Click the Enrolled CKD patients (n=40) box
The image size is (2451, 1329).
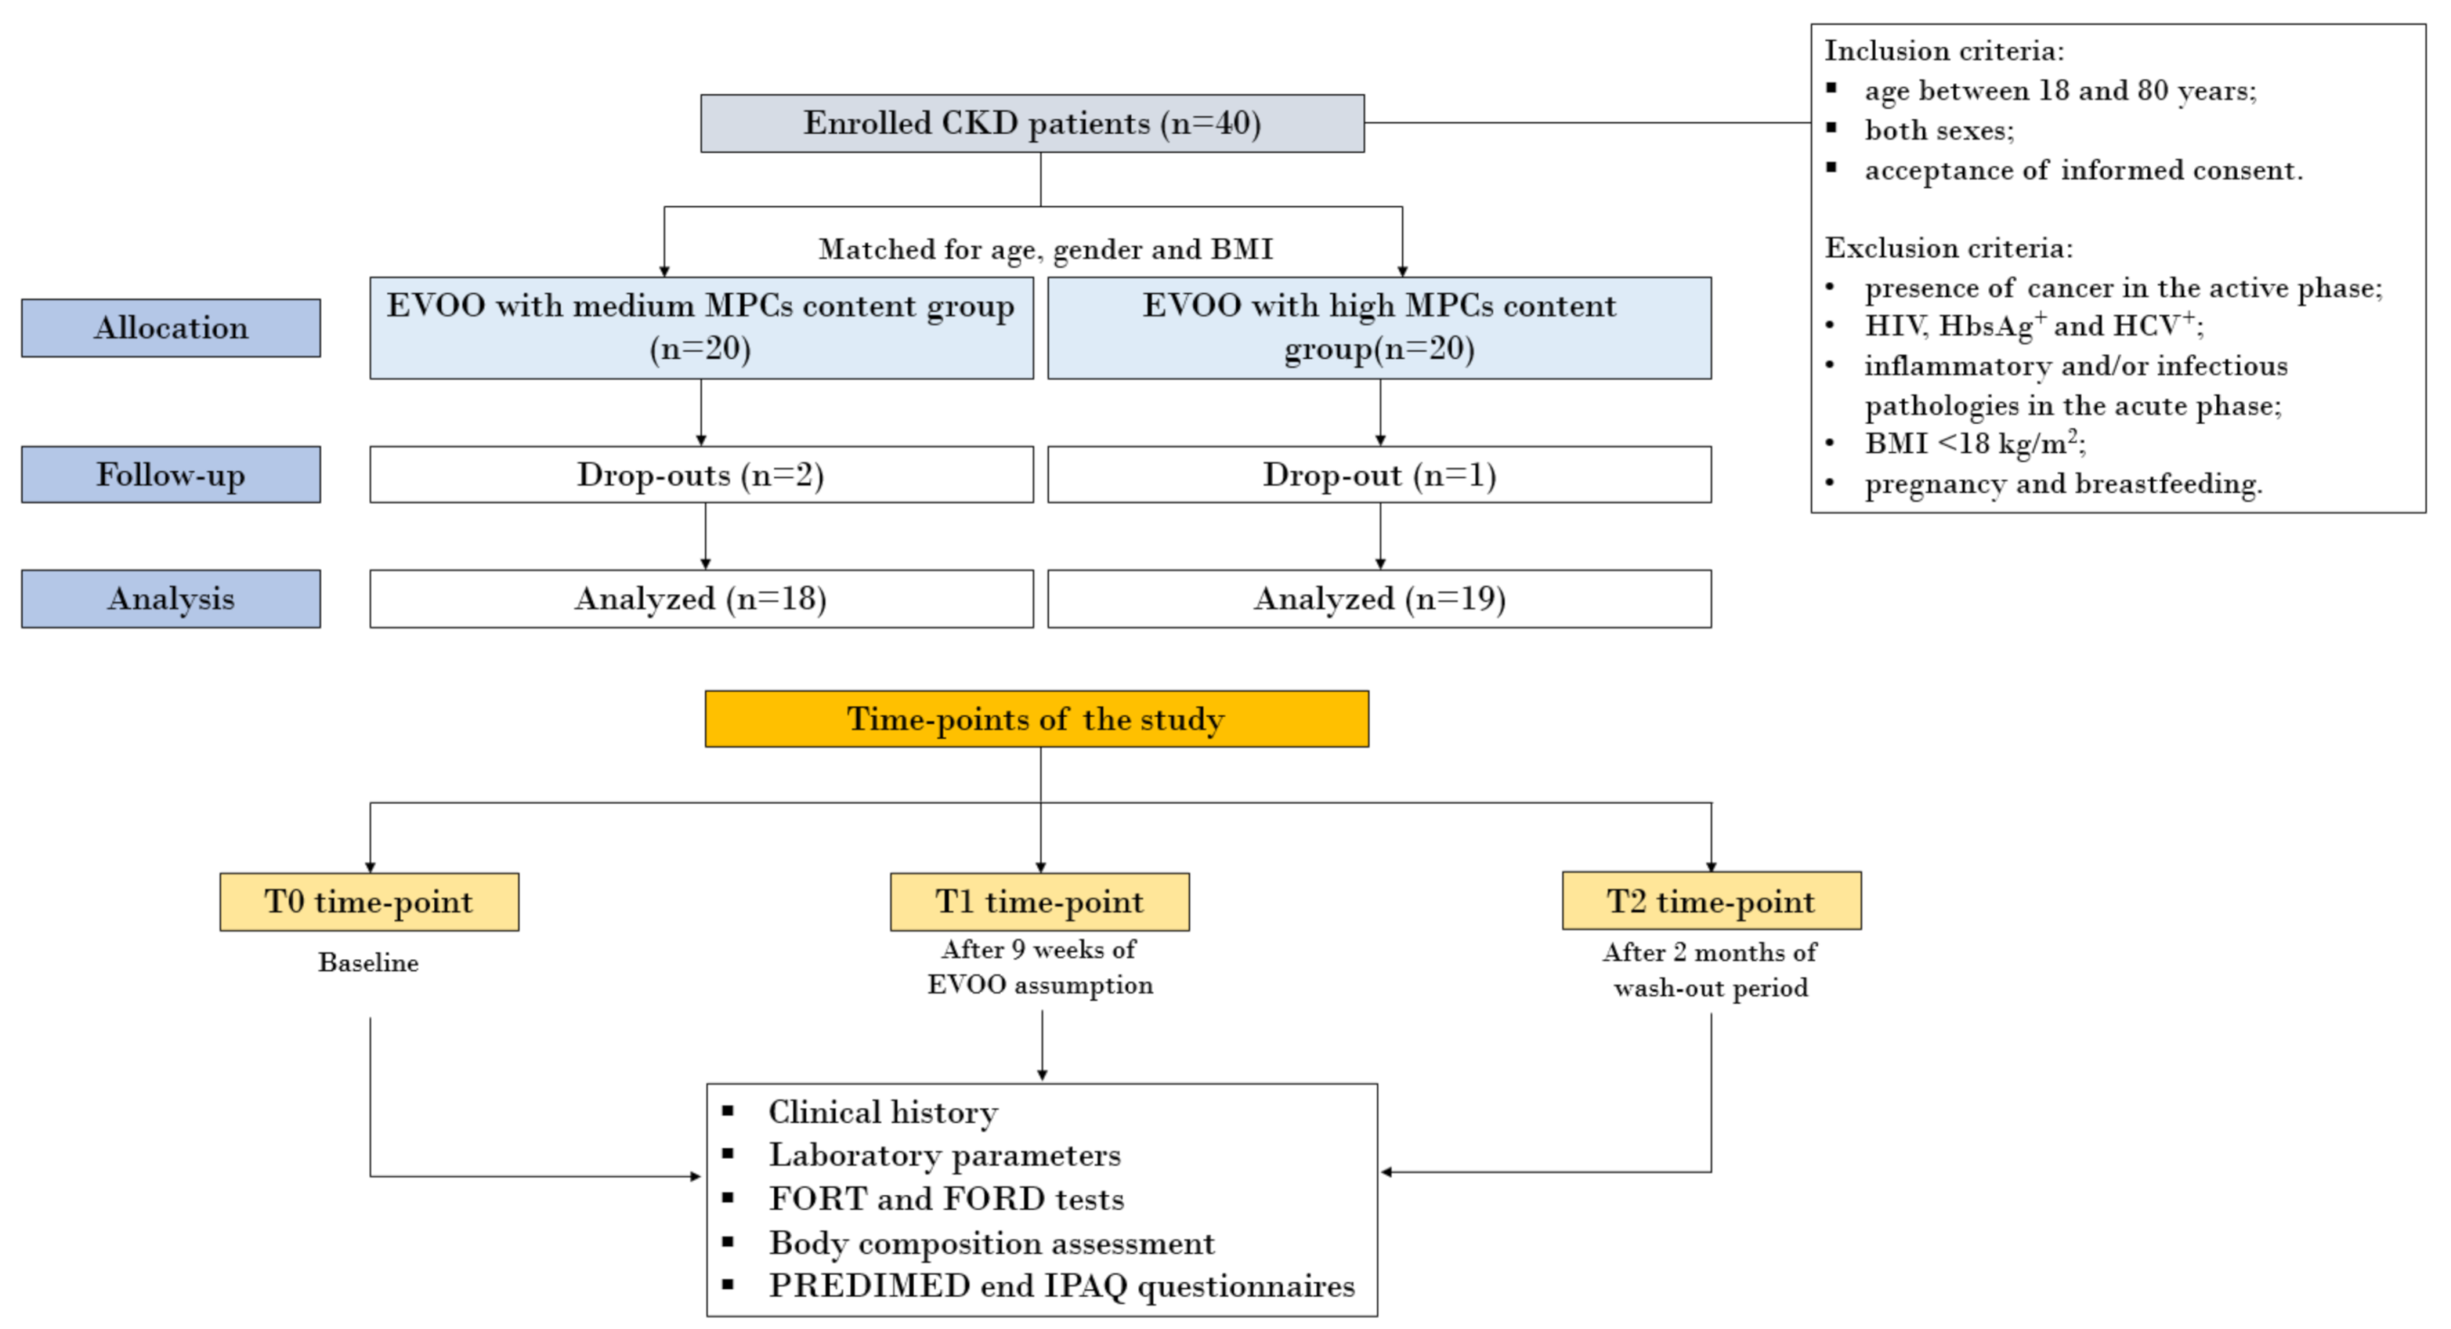click(x=1032, y=123)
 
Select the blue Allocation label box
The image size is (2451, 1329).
click(x=170, y=328)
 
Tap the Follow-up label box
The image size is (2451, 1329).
click(x=170, y=475)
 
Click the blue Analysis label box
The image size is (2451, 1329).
click(x=170, y=599)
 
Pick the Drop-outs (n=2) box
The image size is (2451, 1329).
click(x=701, y=475)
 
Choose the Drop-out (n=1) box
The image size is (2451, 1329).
click(x=1379, y=475)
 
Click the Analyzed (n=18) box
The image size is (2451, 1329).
click(x=701, y=599)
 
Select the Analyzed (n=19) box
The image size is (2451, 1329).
click(x=1379, y=599)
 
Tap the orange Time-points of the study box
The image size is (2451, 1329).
click(x=1035, y=720)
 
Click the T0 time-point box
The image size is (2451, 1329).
click(x=368, y=902)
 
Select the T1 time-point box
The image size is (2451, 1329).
click(x=1039, y=902)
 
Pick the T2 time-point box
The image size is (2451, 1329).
click(x=1711, y=900)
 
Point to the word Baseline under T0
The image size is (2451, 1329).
click(x=368, y=963)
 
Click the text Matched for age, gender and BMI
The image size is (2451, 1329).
click(x=1045, y=250)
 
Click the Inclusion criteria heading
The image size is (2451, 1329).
click(x=1943, y=51)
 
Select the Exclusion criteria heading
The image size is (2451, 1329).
click(x=1947, y=249)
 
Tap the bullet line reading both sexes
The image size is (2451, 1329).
click(x=1938, y=130)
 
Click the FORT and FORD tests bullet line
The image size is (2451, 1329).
click(x=946, y=1199)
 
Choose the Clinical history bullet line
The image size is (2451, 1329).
click(x=883, y=1112)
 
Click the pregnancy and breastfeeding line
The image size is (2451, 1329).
click(x=2063, y=485)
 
